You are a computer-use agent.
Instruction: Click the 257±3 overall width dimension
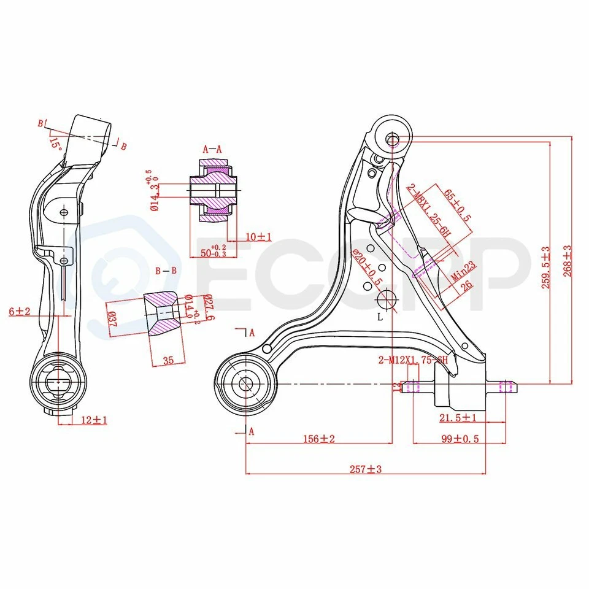click(366, 469)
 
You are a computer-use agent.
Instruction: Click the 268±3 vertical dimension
click(568, 261)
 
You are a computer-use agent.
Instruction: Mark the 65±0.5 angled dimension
click(458, 206)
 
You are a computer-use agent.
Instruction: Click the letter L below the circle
click(380, 317)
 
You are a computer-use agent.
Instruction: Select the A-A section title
click(212, 148)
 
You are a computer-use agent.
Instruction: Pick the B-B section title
click(166, 271)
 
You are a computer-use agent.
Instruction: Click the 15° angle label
click(56, 144)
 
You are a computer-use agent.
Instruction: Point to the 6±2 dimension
click(19, 312)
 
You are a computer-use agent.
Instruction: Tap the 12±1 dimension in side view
click(94, 420)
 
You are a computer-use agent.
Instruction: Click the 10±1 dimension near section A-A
click(257, 236)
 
